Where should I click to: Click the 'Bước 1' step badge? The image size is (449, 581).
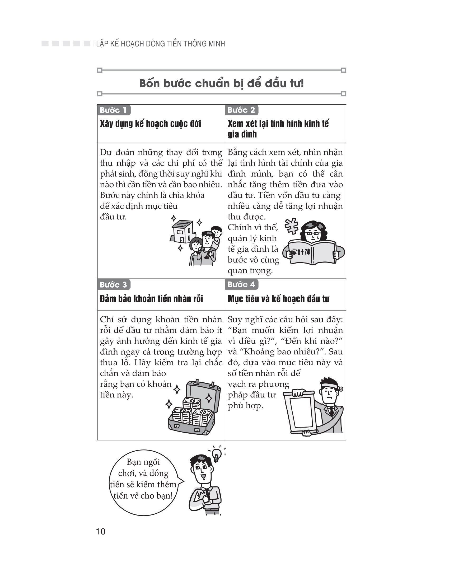[114, 110]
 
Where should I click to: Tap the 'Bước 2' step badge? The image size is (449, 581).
[241, 110]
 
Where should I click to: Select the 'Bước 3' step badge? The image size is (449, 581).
[114, 285]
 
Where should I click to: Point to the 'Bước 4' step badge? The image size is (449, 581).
[241, 285]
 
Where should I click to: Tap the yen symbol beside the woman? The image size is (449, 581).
[292, 226]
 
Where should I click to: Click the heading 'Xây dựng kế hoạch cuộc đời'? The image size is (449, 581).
[150, 124]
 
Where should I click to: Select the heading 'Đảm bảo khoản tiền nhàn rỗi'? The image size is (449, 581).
[151, 299]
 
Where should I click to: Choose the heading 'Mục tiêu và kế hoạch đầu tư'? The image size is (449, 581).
[278, 299]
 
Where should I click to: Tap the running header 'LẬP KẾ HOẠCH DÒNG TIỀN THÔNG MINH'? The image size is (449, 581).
[161, 44]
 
